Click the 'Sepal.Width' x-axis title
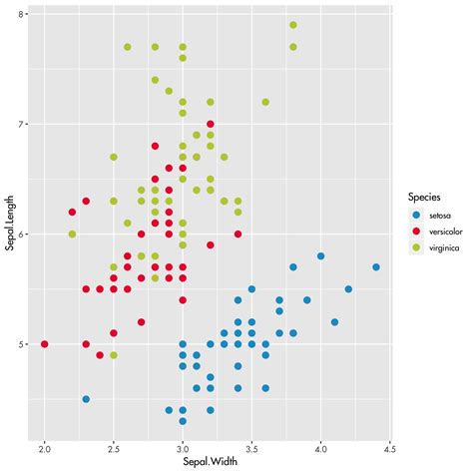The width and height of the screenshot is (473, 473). tap(210, 464)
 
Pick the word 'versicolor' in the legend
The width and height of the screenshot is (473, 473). tap(445, 231)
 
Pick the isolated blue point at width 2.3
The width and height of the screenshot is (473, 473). tap(86, 399)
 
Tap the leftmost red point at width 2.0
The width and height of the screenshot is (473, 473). tap(45, 344)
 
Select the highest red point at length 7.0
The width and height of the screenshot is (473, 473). tap(211, 124)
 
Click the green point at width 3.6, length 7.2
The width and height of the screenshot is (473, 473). tap(265, 102)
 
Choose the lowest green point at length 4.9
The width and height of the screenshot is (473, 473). tap(114, 355)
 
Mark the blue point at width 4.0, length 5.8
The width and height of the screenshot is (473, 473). tap(320, 256)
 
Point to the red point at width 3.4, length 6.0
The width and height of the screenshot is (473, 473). tap(237, 235)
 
